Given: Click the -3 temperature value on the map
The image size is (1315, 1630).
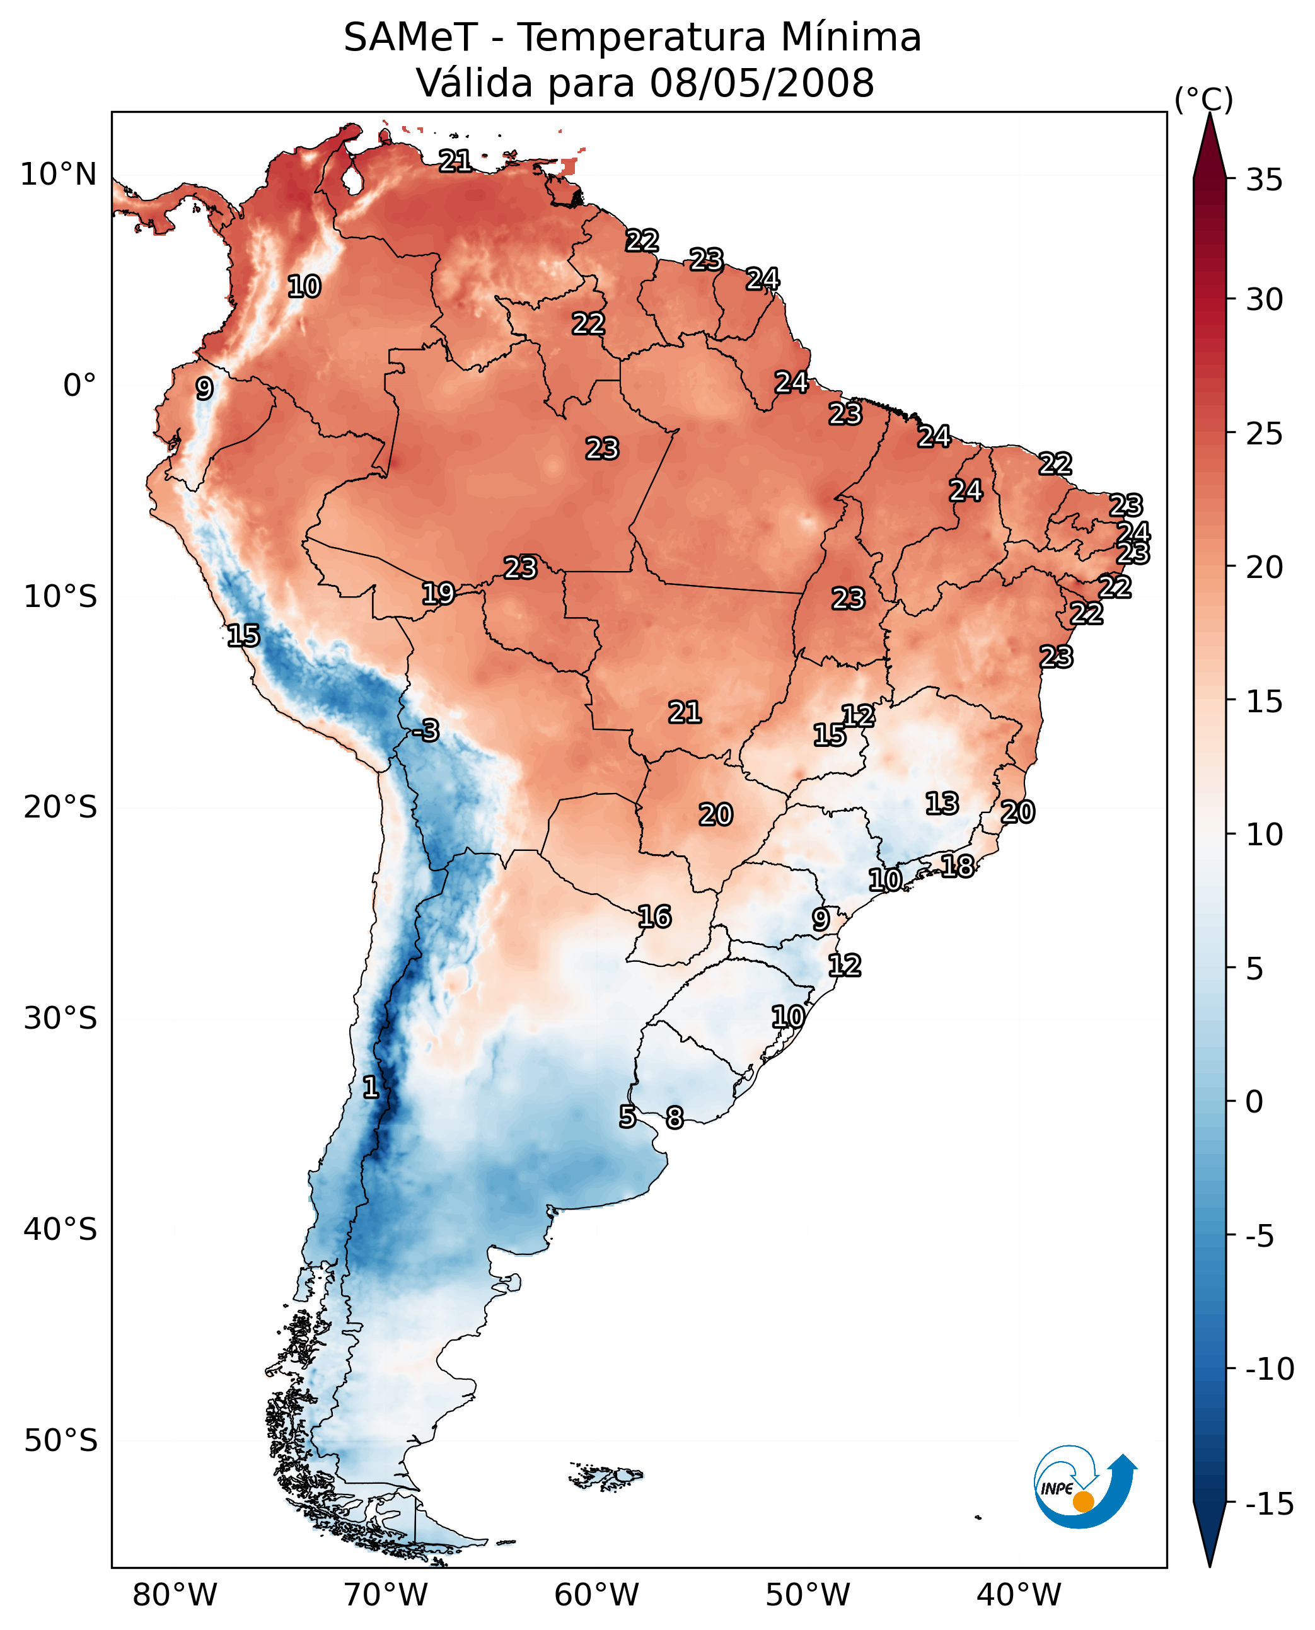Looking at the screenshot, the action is [x=426, y=731].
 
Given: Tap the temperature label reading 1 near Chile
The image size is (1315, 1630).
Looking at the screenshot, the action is [x=371, y=1088].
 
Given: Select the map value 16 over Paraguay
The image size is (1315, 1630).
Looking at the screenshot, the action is [x=654, y=917].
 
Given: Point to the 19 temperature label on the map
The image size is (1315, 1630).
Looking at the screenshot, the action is [x=438, y=593].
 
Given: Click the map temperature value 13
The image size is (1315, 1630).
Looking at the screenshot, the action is [x=942, y=804].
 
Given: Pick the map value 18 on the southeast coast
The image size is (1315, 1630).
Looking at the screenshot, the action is [x=958, y=866].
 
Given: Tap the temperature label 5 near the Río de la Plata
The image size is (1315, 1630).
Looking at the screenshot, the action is [x=627, y=1116].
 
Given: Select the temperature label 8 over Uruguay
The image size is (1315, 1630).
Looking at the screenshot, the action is [x=674, y=1118].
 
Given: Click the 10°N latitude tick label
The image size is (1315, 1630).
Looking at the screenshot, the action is [x=59, y=175].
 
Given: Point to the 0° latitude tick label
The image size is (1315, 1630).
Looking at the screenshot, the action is [x=79, y=386].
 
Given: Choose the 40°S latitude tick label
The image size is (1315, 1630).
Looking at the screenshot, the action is [x=61, y=1229].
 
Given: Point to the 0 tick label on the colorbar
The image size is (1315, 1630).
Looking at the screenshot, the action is [x=1254, y=1101].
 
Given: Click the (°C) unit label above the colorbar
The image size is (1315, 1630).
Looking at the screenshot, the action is [x=1203, y=99].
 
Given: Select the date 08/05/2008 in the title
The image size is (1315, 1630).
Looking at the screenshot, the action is [x=762, y=83].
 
